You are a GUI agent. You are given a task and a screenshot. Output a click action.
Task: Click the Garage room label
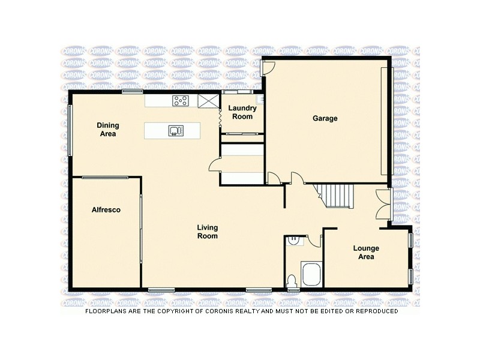[325, 118]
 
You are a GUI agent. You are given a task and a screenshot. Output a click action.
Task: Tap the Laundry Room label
[242, 112]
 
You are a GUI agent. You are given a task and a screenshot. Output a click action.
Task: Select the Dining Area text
[108, 130]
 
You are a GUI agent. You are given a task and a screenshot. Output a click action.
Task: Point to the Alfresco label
[106, 210]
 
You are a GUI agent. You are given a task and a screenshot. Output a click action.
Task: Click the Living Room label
[208, 232]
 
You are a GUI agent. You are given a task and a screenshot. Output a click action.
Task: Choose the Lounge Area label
[366, 252]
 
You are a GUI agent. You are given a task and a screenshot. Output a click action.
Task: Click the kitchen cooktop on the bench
[181, 101]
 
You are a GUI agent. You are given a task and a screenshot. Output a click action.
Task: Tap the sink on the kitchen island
[175, 130]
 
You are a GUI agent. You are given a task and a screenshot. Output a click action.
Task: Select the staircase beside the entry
[335, 196]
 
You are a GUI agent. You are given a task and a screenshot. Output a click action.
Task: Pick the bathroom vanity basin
[293, 241]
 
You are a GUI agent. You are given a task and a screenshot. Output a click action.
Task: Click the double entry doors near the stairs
[382, 205]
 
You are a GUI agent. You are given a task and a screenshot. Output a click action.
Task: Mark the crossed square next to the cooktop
[208, 101]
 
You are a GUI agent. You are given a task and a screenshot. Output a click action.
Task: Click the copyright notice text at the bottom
[242, 311]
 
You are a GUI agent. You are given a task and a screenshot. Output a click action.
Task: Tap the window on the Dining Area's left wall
[70, 130]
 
